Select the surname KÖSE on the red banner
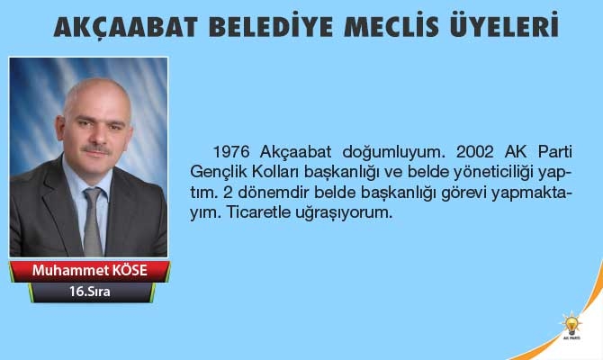pos(127,271)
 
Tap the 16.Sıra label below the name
pos(88,293)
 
